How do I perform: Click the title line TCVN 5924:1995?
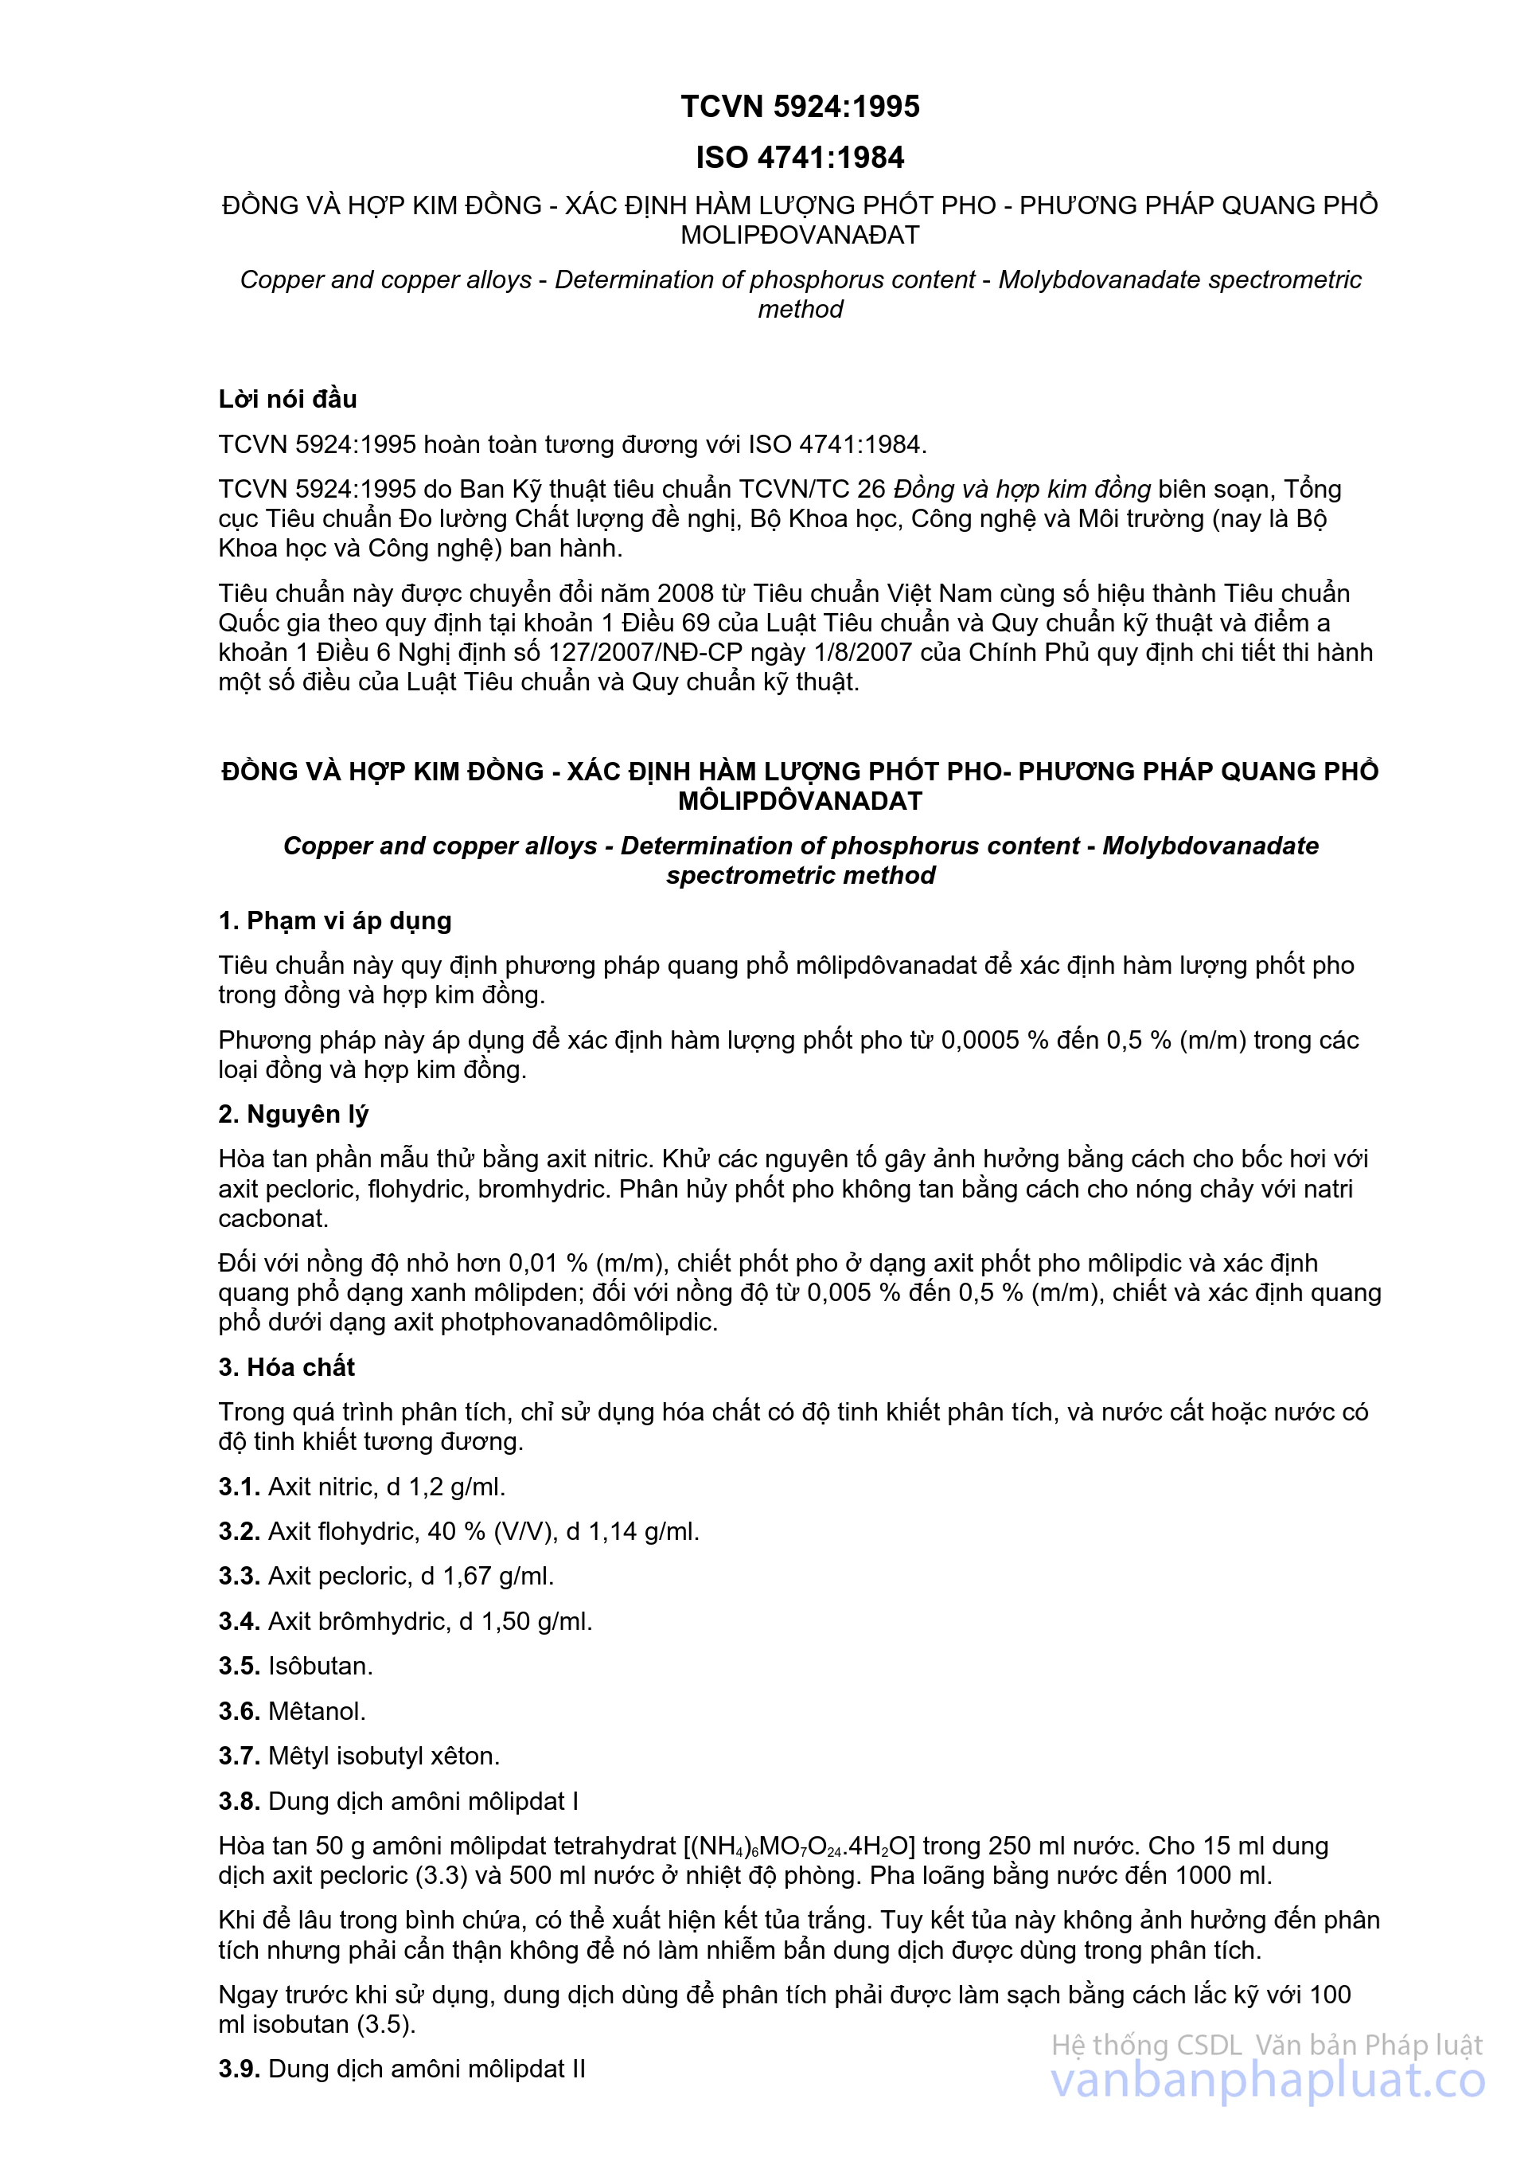(800, 107)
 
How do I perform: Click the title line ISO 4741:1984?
(800, 157)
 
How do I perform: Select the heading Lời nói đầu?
(287, 399)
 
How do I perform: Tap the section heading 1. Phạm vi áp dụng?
(334, 920)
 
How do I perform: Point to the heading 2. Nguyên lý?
(293, 1115)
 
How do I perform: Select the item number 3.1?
(239, 1487)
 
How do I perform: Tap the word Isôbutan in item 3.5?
(320, 1666)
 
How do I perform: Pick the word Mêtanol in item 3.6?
(317, 1711)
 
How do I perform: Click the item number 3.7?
(239, 1756)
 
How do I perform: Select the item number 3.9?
(239, 2069)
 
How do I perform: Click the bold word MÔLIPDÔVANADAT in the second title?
(800, 801)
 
